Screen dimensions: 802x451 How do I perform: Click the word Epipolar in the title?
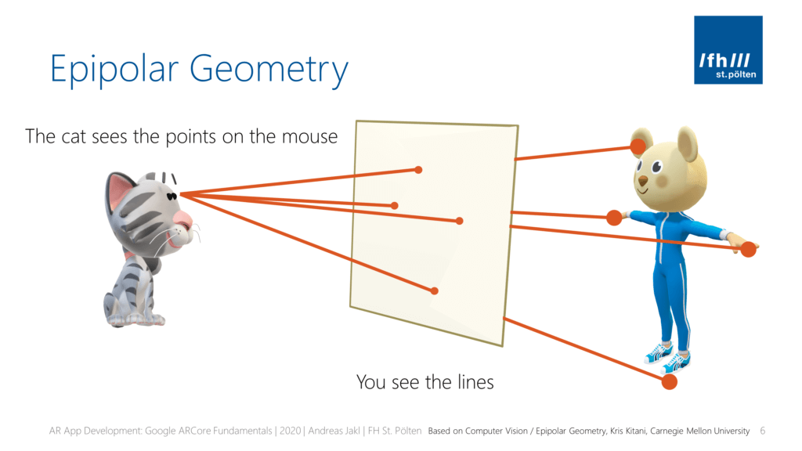pos(114,69)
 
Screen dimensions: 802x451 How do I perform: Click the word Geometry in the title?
pos(269,69)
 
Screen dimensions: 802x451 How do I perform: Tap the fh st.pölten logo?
pos(728,49)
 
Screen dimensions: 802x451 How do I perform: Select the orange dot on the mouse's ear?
pos(638,146)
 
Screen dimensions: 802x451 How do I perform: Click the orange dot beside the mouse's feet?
pos(669,381)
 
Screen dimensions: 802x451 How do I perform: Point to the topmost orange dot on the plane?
pos(418,170)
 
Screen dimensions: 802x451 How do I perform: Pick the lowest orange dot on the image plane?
pos(434,291)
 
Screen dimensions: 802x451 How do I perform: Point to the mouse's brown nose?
pos(642,181)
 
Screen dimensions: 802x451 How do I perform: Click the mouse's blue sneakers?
pos(667,358)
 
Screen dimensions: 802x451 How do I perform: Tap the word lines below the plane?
pos(475,382)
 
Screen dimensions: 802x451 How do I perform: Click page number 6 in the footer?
pos(763,431)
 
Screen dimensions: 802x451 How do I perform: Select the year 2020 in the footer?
pos(290,431)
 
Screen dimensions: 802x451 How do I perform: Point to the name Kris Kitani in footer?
pos(627,431)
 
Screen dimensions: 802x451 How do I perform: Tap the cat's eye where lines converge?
pos(172,196)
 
